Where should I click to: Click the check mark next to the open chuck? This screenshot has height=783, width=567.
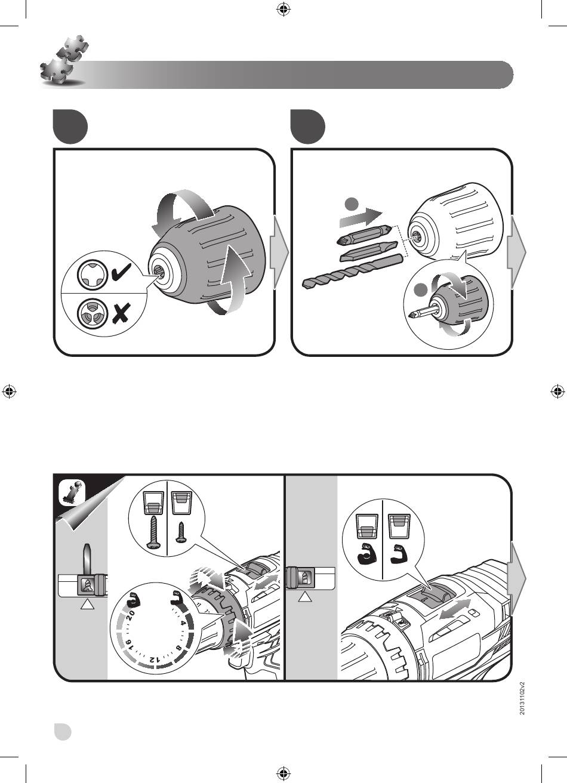(x=121, y=272)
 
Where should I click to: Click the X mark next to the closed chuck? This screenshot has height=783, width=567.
(x=121, y=313)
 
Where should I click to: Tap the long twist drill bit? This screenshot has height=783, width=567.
(x=352, y=272)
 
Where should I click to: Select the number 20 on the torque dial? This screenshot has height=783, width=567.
(x=130, y=614)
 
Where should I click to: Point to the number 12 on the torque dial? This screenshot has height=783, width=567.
(x=155, y=659)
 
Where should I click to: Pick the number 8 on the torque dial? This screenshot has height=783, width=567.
(x=178, y=648)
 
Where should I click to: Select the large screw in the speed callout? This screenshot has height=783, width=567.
(x=152, y=532)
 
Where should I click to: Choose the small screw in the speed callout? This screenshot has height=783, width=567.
(x=181, y=532)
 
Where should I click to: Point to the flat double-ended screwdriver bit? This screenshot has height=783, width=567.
(x=369, y=252)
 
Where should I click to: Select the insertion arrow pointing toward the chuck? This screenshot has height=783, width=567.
(x=361, y=217)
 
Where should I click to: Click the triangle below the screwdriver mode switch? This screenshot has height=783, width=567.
(x=87, y=604)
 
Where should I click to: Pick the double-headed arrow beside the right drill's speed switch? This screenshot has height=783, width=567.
(x=455, y=609)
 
